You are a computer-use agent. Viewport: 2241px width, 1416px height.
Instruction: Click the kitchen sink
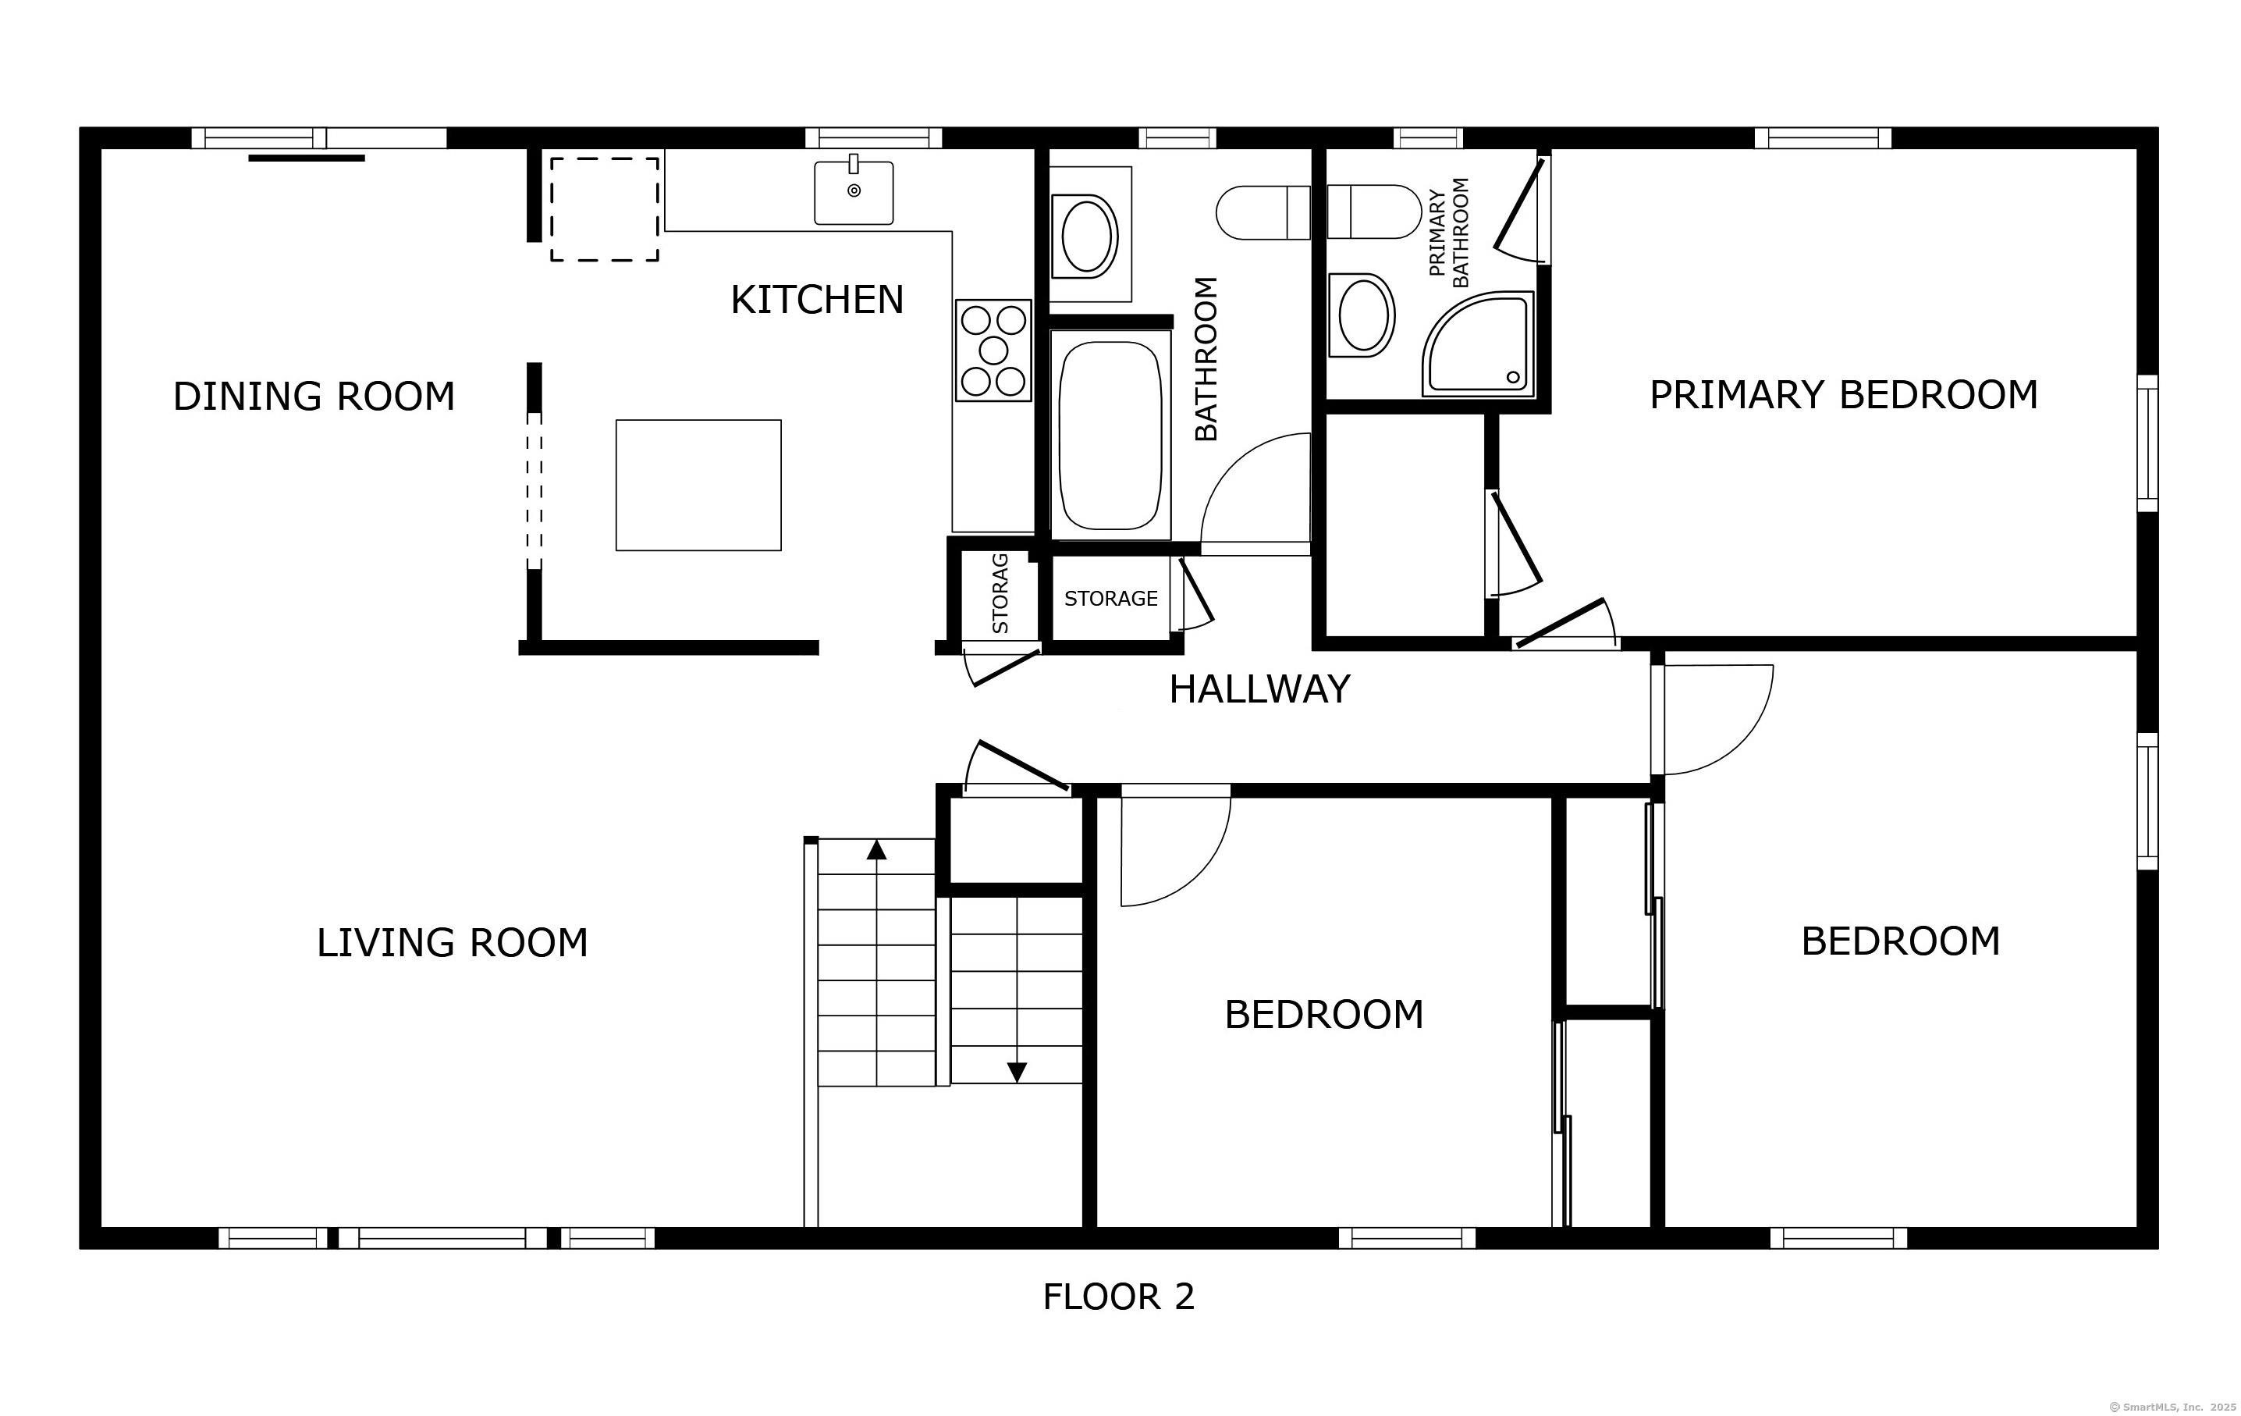[854, 193]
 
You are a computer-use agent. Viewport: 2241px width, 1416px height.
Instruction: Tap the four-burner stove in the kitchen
[993, 350]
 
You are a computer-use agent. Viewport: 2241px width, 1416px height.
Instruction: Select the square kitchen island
[698, 485]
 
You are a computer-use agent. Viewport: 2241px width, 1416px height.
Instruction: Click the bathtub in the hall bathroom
[1110, 435]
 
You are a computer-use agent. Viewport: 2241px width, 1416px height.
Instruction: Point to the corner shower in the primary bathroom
[1478, 343]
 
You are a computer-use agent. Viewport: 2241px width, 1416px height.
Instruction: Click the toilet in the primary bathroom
[1373, 212]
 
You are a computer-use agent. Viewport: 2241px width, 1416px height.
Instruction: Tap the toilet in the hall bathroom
[1263, 212]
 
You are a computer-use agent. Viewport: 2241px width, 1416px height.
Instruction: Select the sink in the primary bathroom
[1362, 315]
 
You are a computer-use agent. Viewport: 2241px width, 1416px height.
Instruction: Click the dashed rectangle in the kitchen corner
[605, 209]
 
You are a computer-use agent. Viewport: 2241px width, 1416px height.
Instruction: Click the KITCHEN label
[817, 300]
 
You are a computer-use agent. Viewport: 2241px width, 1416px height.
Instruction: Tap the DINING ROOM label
[314, 397]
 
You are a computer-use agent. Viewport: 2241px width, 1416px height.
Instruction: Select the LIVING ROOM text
[453, 943]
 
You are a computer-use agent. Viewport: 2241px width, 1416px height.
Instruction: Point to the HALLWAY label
[1259, 690]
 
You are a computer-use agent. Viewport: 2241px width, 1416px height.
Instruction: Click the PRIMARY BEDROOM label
[1844, 395]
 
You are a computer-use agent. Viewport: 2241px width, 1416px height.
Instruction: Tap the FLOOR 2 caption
[1119, 1297]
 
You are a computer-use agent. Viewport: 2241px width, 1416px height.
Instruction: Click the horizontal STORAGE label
[1111, 599]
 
